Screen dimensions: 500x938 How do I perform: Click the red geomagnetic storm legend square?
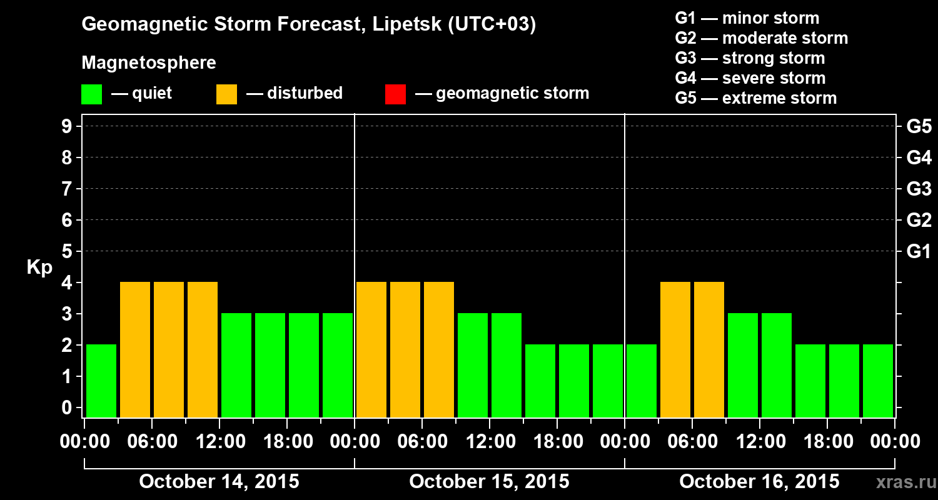click(x=395, y=94)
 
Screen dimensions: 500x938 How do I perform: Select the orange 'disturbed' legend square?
click(x=226, y=94)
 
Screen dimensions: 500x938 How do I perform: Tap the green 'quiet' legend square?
click(x=91, y=94)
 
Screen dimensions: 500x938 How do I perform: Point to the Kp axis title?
click(x=39, y=267)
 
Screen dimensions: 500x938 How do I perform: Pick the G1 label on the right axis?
click(x=919, y=252)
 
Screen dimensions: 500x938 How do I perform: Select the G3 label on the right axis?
click(x=919, y=189)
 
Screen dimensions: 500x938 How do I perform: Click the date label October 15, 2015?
click(x=489, y=482)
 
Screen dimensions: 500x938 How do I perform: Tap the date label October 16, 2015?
click(x=759, y=482)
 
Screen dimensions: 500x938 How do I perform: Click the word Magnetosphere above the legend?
click(x=149, y=63)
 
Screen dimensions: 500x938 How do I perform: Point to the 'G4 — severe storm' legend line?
click(x=750, y=78)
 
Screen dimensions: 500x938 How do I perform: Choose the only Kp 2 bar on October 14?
click(x=101, y=380)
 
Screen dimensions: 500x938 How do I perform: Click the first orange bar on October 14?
click(x=135, y=349)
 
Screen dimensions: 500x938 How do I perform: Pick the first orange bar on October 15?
click(x=371, y=349)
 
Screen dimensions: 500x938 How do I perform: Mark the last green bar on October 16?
click(x=878, y=380)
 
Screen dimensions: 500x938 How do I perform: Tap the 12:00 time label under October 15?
click(x=490, y=442)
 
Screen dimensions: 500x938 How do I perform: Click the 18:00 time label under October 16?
click(x=827, y=442)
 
